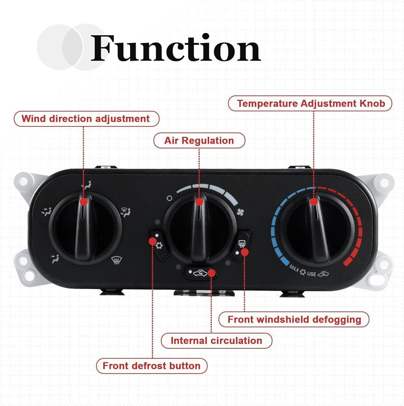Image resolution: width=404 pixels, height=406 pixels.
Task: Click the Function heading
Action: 175,48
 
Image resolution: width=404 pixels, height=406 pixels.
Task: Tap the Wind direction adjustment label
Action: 86,119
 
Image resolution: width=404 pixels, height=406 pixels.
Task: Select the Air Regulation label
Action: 199,141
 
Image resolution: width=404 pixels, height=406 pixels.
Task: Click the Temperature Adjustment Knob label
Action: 310,103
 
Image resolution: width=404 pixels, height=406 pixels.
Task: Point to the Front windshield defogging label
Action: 294,319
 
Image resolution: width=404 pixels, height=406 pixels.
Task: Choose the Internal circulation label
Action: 216,340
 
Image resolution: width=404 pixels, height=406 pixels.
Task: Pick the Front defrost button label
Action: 151,366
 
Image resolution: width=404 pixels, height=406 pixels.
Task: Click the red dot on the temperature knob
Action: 314,202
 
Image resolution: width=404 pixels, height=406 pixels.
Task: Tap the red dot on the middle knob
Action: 199,202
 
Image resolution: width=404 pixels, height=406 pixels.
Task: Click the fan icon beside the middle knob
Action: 241,211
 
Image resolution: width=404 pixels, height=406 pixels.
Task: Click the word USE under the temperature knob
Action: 311,274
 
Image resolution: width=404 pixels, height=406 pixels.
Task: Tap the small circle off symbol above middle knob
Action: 170,199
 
